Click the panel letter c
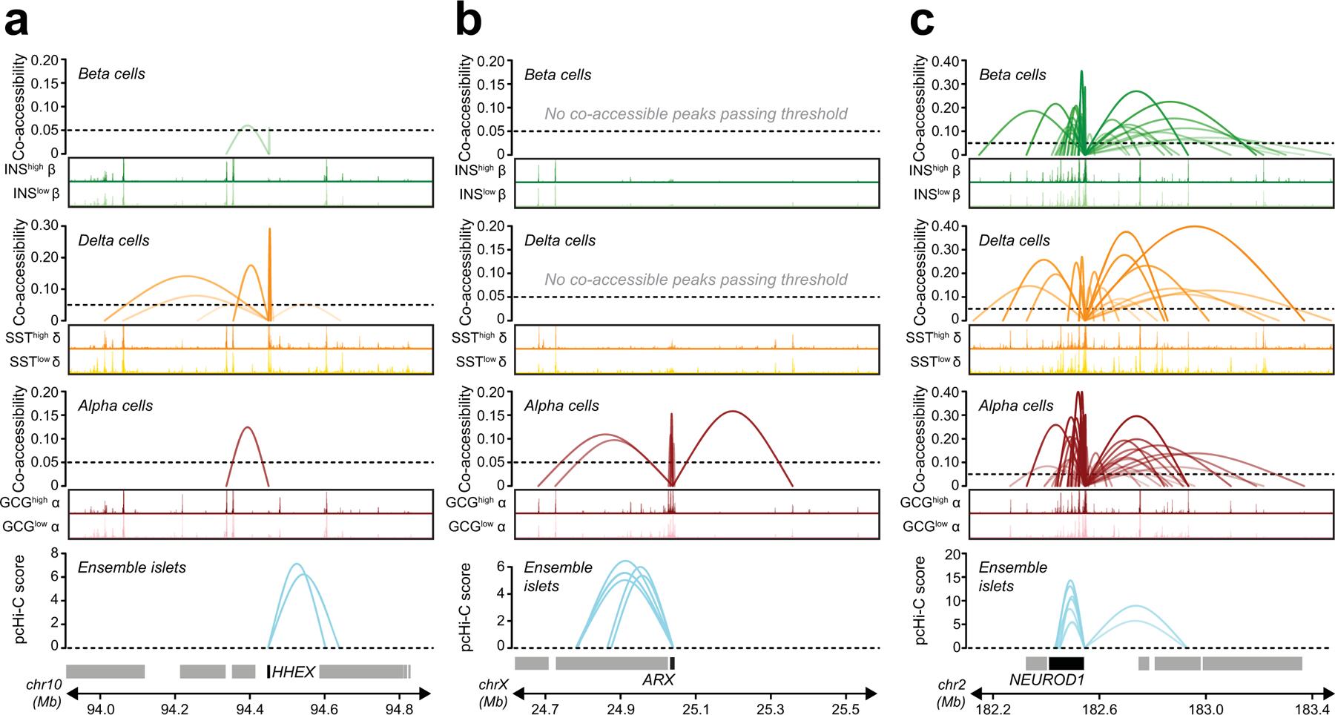tap(922, 24)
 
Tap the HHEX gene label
tap(294, 672)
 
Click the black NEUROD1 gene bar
tap(1067, 663)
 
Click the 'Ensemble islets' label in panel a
tap(131, 568)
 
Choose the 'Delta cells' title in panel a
tap(113, 240)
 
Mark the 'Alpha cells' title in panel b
tap(561, 406)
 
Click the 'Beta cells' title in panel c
tap(1012, 75)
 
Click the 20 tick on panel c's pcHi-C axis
tap(953, 553)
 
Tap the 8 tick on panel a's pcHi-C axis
tap(54, 553)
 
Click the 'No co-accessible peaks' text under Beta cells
tap(696, 114)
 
